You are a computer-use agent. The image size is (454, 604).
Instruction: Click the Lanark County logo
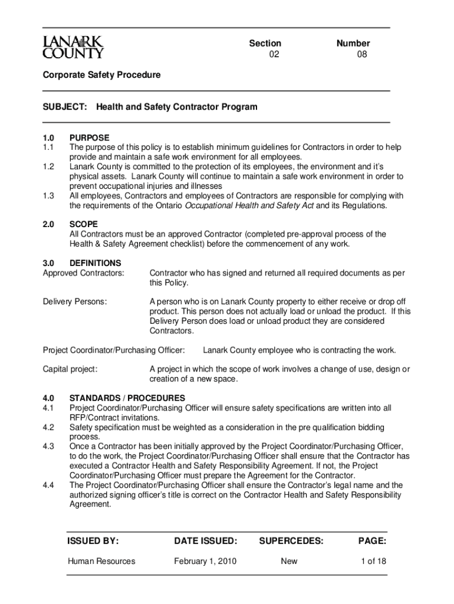pos(73,47)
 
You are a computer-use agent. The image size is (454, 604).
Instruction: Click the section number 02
pos(274,55)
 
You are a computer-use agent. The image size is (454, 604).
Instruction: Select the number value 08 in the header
pos(363,55)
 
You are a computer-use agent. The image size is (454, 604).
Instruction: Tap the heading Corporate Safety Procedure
pos(101,75)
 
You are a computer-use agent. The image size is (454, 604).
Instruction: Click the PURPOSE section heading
pos(89,137)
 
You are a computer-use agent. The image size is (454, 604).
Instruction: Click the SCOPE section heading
pos(84,224)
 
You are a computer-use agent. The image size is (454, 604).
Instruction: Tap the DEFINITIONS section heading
pos(96,263)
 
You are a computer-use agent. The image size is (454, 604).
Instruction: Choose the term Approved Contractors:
pos(84,273)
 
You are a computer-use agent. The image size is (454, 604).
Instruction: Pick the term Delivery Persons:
pos(75,301)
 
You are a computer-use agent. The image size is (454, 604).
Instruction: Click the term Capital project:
pos(70,369)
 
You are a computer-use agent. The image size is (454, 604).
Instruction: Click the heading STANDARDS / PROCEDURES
pos(127,398)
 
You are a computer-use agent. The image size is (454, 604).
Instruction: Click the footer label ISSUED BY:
pos(93,540)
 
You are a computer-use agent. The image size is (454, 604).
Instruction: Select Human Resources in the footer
pos(101,561)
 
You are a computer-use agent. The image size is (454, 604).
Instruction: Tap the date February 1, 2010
pos(205,561)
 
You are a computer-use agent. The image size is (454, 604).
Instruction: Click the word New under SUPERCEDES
pos(289,561)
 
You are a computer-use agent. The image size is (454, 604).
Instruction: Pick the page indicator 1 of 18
pos(373,561)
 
